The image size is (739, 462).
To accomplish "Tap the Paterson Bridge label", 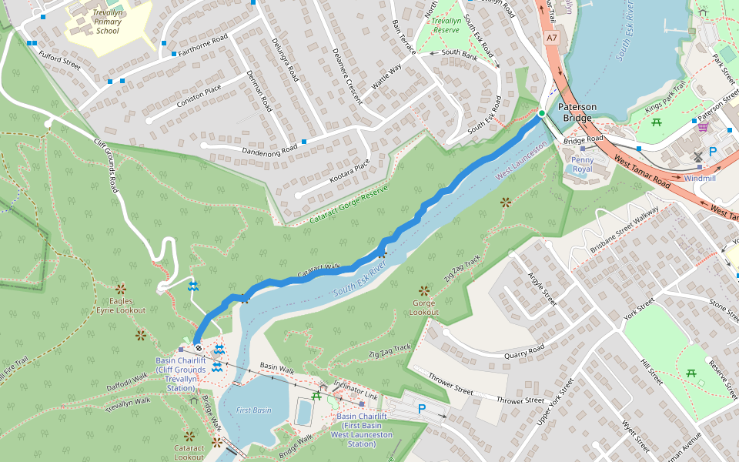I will (x=577, y=112).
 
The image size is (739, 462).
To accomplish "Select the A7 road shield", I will (x=552, y=37).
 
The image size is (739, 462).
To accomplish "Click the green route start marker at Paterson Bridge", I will (x=541, y=114).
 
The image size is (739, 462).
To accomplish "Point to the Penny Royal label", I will (x=582, y=164).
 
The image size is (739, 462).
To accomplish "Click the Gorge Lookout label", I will (x=424, y=307).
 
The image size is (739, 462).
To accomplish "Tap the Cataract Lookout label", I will (x=189, y=452).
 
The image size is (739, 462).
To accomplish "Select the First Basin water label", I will (x=253, y=410).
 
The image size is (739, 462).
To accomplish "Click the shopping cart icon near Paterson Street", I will (x=702, y=126).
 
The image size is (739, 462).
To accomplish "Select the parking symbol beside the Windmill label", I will (x=712, y=152).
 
